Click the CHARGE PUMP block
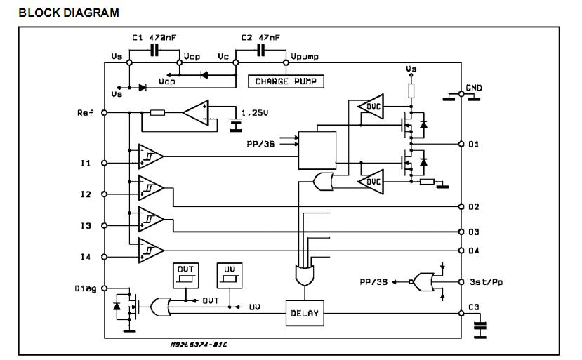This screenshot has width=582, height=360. pyautogui.click(x=286, y=81)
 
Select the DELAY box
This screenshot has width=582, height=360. pyautogui.click(x=304, y=313)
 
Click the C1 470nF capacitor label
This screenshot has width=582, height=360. pyautogui.click(x=154, y=37)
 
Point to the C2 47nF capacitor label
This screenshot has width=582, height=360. pyautogui.click(x=260, y=37)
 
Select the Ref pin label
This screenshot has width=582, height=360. pyautogui.click(x=86, y=112)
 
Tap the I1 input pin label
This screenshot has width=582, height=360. pyautogui.click(x=86, y=163)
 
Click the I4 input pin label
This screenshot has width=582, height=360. pyautogui.click(x=86, y=257)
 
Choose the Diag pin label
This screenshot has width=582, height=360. pyautogui.click(x=84, y=288)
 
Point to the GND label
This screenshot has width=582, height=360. pyautogui.click(x=473, y=88)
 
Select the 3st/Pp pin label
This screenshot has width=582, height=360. pyautogui.click(x=484, y=282)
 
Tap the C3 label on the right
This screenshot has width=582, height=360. pyautogui.click(x=473, y=307)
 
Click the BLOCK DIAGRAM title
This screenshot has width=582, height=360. pyautogui.click(x=68, y=13)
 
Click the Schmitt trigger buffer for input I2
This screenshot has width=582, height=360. pyautogui.click(x=150, y=187)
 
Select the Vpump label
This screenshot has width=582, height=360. pyautogui.click(x=304, y=57)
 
